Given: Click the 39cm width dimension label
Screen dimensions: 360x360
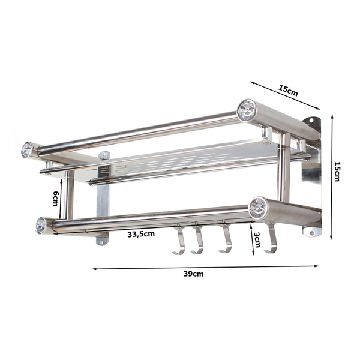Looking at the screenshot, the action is click(193, 274).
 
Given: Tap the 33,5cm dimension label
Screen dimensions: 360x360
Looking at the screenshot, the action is click(141, 234).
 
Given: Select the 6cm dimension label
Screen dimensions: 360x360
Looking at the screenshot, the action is click(56, 199).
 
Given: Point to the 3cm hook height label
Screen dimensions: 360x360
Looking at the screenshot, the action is click(257, 239).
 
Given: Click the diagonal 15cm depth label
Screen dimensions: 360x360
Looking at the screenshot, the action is click(288, 91).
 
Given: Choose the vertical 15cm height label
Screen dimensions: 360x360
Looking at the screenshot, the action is click(337, 172).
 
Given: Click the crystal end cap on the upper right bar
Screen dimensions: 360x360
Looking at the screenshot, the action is click(247, 110).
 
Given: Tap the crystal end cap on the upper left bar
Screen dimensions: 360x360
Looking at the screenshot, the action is click(26, 150).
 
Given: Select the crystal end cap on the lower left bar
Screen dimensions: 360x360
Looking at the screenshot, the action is click(41, 225).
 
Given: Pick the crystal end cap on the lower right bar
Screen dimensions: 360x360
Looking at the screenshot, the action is click(258, 208).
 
